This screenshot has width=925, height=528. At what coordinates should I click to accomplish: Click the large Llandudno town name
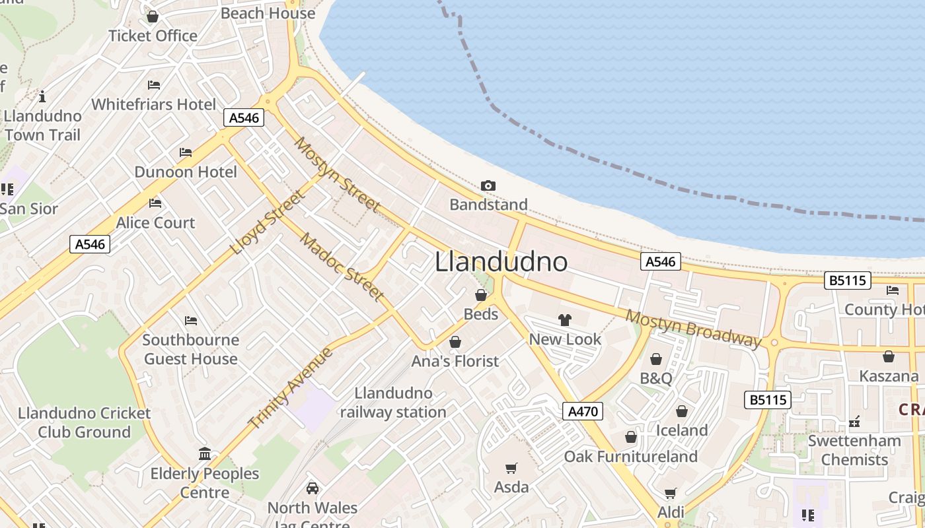click(x=501, y=262)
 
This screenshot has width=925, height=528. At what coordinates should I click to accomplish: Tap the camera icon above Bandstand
click(x=488, y=186)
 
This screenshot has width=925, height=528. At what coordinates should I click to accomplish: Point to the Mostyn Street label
click(x=336, y=174)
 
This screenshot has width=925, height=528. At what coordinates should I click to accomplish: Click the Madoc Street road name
click(x=342, y=267)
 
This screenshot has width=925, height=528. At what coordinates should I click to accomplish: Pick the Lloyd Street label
click(x=269, y=222)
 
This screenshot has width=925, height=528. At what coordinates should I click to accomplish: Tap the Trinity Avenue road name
click(x=291, y=387)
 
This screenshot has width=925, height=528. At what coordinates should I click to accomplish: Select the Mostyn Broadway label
click(x=693, y=328)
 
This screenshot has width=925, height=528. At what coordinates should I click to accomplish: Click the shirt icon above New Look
click(x=565, y=320)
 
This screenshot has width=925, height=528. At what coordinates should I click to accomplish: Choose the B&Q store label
click(x=656, y=378)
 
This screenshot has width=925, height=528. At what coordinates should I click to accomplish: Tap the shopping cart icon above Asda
click(x=511, y=468)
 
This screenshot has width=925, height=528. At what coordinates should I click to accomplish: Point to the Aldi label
click(x=671, y=512)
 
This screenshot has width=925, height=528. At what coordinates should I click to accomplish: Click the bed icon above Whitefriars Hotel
click(x=154, y=85)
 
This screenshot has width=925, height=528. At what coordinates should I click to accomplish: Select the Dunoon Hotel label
click(x=186, y=172)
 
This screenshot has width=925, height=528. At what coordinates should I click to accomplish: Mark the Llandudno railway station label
click(x=393, y=403)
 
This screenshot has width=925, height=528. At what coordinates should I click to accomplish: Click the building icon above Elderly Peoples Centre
click(x=205, y=454)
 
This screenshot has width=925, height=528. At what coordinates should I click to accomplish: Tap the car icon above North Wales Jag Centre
click(x=313, y=488)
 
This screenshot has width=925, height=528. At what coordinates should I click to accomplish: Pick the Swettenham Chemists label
click(x=854, y=450)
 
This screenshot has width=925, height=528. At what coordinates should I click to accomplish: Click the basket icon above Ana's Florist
click(x=455, y=342)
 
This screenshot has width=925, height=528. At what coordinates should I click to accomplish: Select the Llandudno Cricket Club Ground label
click(x=84, y=423)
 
